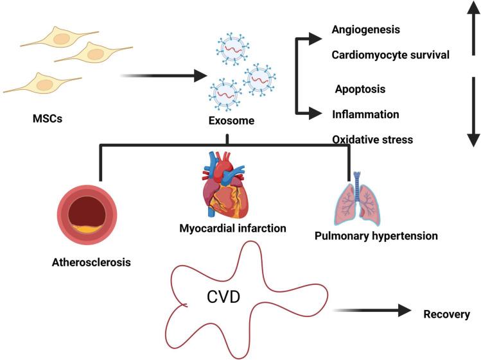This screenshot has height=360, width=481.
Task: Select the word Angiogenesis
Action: [367, 30]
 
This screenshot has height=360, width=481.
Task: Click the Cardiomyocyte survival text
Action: [390, 55]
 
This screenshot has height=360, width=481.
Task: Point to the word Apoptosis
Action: [360, 89]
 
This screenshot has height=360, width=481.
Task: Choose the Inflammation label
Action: [366, 114]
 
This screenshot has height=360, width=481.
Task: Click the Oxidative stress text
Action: [372, 139]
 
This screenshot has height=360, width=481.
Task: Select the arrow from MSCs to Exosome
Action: [161, 76]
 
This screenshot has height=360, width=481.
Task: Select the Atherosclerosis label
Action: [88, 261]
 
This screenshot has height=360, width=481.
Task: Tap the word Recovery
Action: [447, 314]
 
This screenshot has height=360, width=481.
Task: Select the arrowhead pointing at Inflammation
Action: [315, 114]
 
